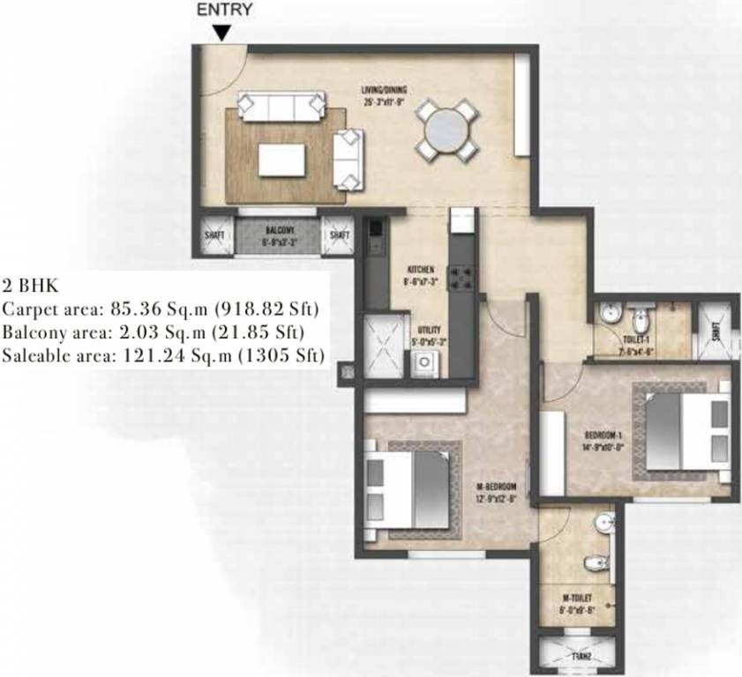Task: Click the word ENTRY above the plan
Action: tap(224, 11)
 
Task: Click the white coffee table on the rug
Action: tap(281, 160)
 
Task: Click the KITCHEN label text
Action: tap(419, 269)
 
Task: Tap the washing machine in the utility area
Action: tap(423, 363)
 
